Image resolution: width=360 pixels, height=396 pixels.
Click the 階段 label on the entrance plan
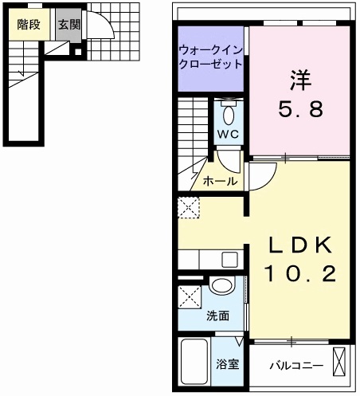click(29, 25)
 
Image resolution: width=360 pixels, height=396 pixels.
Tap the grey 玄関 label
click(69, 25)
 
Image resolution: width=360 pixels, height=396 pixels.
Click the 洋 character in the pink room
click(299, 80)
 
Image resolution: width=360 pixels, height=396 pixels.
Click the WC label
click(229, 133)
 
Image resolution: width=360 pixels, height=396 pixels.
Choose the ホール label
click(220, 182)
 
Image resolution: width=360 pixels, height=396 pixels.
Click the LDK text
click(299, 244)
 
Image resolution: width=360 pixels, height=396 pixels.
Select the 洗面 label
click(218, 316)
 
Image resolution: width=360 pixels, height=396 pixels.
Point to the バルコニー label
click(295, 365)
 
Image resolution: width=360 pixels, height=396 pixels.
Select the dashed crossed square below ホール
click(190, 206)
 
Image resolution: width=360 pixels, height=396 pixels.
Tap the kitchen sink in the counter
click(229, 260)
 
